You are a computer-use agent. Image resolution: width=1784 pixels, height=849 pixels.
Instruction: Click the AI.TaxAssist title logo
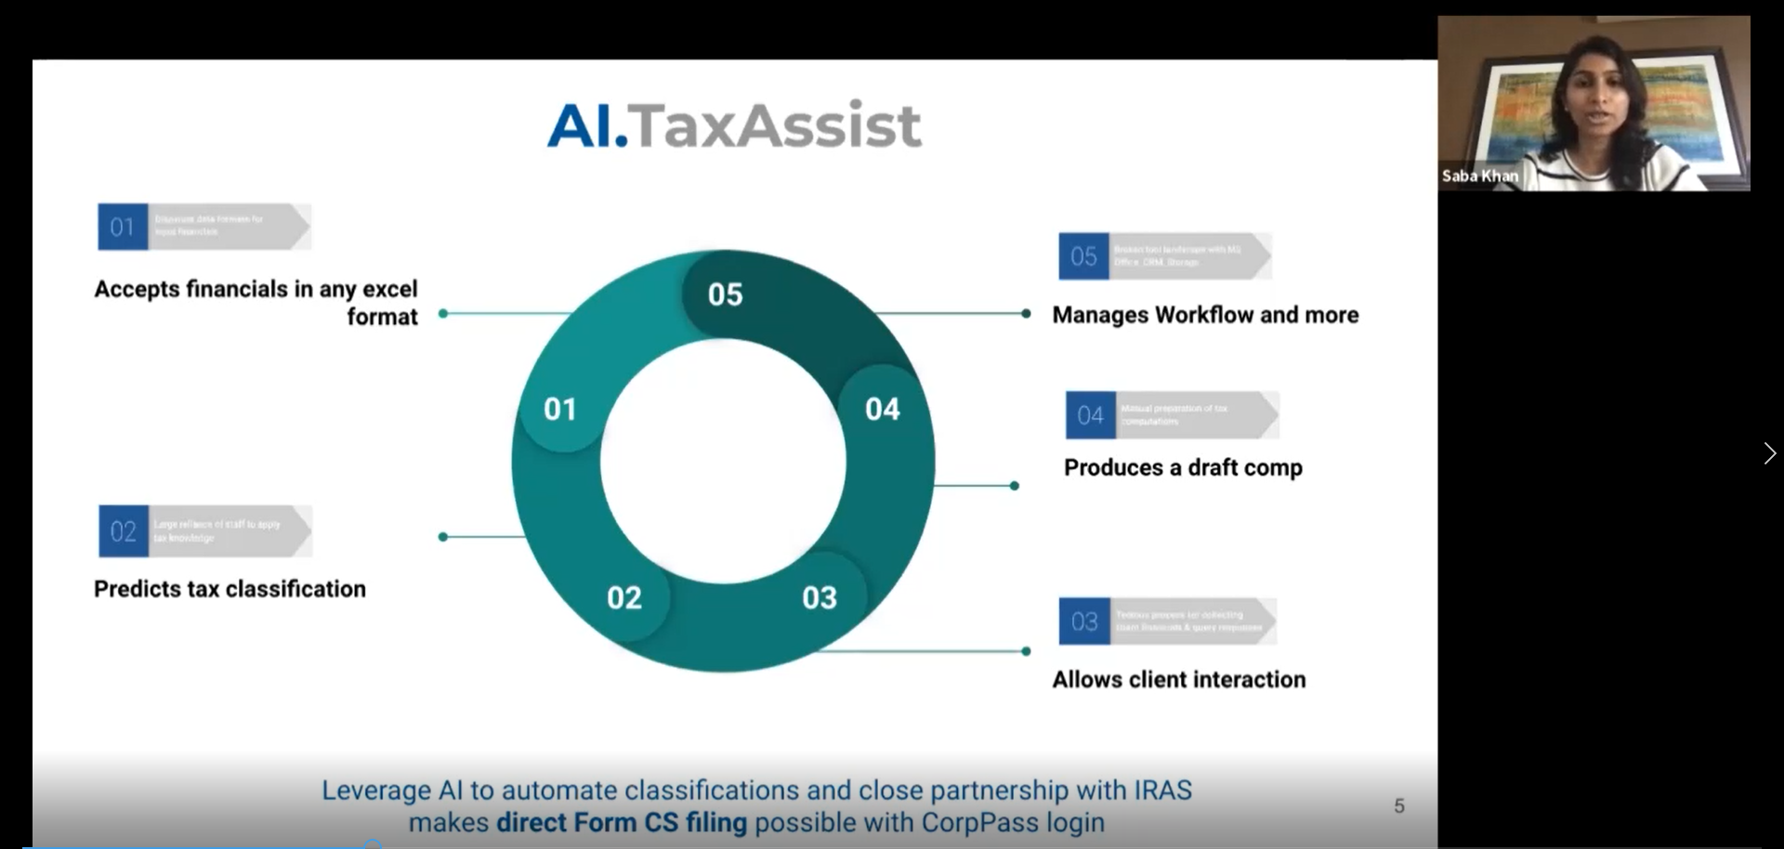(734, 125)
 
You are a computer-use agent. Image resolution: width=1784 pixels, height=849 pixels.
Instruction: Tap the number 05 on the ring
(725, 294)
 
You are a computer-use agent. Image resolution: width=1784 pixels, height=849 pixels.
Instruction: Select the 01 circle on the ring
(560, 409)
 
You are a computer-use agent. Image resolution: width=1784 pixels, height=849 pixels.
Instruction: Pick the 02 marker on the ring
(624, 597)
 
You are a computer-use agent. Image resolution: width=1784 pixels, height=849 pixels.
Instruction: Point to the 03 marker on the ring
(820, 597)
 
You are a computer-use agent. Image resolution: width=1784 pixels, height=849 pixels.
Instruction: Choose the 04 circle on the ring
(882, 409)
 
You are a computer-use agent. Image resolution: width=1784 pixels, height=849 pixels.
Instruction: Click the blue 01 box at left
(123, 227)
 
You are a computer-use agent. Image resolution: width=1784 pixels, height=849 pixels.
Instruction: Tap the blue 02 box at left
(124, 531)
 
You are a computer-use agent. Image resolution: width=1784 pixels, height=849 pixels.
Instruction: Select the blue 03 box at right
(1084, 621)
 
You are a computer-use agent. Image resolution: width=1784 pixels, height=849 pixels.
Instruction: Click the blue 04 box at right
(1090, 415)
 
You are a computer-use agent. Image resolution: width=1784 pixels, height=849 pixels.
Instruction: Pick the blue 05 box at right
(1083, 256)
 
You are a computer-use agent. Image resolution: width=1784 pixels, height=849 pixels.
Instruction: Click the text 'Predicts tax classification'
(230, 589)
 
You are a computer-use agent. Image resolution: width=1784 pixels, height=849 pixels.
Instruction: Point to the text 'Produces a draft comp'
(1183, 467)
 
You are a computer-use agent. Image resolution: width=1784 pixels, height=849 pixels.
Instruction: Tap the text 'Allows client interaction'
(1178, 680)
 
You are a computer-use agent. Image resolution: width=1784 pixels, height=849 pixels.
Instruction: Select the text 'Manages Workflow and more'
(1205, 315)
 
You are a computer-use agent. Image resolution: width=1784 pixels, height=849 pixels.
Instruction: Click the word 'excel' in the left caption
(389, 289)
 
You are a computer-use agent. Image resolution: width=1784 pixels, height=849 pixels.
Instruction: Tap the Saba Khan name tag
(1479, 176)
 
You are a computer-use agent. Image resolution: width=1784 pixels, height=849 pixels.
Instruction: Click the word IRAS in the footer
(1162, 790)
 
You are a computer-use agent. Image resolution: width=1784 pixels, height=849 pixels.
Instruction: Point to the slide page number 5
(1399, 806)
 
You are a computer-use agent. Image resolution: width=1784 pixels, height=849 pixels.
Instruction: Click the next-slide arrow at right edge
(1769, 453)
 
